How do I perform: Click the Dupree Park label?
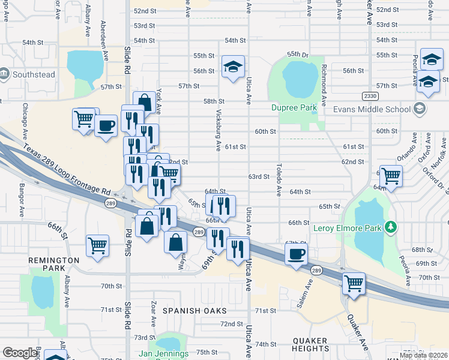293,108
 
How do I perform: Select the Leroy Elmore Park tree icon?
391,227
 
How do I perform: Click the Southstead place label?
34,75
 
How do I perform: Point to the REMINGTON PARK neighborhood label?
53,265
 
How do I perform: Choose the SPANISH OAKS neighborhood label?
195,310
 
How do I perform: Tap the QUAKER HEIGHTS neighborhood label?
310,344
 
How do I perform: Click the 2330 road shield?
370,96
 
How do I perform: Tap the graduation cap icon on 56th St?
233,67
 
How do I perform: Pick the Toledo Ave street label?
279,180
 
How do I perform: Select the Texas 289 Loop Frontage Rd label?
67,170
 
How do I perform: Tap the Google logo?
19,353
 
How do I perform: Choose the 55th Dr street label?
297,54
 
